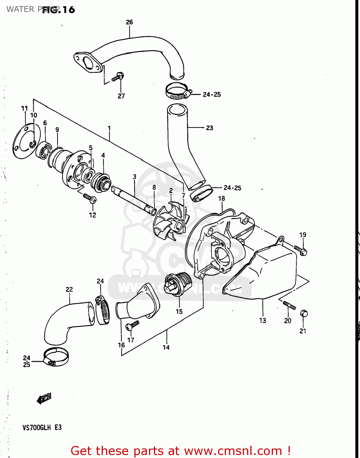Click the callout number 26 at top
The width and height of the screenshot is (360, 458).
(129, 22)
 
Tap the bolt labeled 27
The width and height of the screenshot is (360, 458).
(118, 76)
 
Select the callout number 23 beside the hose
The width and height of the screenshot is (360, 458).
(209, 128)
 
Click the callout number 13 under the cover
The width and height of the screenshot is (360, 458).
(263, 321)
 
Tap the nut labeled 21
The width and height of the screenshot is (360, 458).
(304, 314)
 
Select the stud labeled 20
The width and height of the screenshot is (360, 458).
(289, 305)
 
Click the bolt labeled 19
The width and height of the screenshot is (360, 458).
(300, 250)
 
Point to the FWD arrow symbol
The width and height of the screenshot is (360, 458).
(44, 398)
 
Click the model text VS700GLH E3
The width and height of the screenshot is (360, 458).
(42, 427)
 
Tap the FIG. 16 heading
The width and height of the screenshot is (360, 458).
(59, 10)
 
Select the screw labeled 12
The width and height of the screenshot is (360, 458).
(90, 198)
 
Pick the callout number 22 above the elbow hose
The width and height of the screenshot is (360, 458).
(69, 289)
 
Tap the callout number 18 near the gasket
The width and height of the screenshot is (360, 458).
(222, 198)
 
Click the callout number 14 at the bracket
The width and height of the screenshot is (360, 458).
(166, 347)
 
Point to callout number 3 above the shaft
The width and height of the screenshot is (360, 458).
(134, 177)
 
